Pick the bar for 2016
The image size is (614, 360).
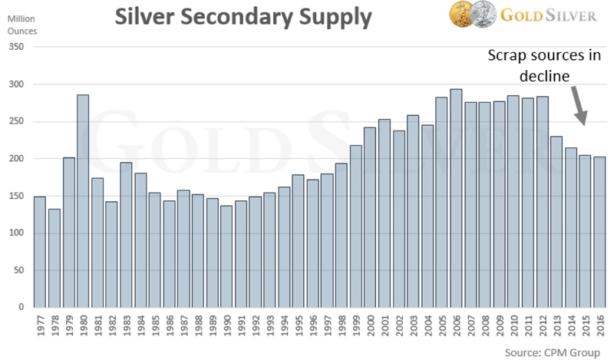pos(599,232)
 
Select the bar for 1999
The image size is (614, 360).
pos(355,226)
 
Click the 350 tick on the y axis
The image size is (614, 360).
pos(18,47)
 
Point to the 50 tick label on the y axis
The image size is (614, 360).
pos(21,270)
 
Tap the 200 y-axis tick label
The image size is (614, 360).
pos(18,159)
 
